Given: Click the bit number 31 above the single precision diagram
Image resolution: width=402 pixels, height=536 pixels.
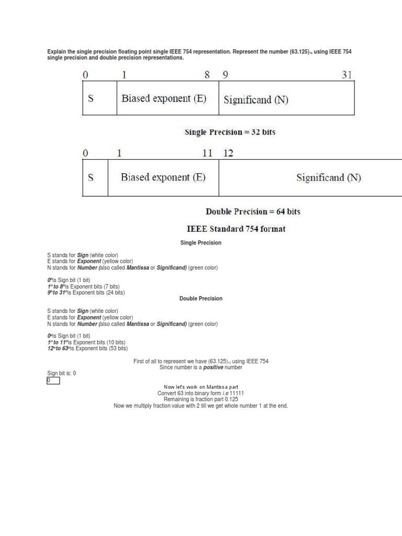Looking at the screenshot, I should [347, 75].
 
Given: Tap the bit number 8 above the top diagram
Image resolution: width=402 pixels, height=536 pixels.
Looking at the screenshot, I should [207, 75].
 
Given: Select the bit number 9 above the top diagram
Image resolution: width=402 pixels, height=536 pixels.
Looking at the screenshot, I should [225, 75].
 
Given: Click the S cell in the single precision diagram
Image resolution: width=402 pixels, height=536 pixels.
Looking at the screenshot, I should [91, 98].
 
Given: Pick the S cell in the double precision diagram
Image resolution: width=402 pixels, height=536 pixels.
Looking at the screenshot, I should [91, 177].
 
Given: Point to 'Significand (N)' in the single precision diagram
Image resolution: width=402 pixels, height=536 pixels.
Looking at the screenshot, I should [256, 99].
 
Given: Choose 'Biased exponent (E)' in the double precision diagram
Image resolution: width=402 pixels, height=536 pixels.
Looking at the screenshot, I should [163, 177].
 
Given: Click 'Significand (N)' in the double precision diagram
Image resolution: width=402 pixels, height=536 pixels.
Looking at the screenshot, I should [328, 177].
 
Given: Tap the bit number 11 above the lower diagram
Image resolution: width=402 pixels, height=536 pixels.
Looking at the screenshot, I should [207, 153].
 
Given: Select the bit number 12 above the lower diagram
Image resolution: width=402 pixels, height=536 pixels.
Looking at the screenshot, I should [228, 153].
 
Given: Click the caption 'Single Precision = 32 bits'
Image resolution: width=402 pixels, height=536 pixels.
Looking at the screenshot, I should [230, 132].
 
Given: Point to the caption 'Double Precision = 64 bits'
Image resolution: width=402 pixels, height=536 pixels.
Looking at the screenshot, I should [253, 212].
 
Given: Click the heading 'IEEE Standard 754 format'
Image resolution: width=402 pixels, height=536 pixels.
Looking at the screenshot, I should [236, 229].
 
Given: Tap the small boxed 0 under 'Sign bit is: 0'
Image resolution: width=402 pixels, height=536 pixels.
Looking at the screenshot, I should [53, 381].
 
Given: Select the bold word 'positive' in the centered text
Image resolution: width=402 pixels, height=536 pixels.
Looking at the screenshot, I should [213, 367].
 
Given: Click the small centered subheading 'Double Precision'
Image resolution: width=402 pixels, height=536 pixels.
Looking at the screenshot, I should [201, 298].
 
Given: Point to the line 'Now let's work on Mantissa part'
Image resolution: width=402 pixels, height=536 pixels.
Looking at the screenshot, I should [201, 387].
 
